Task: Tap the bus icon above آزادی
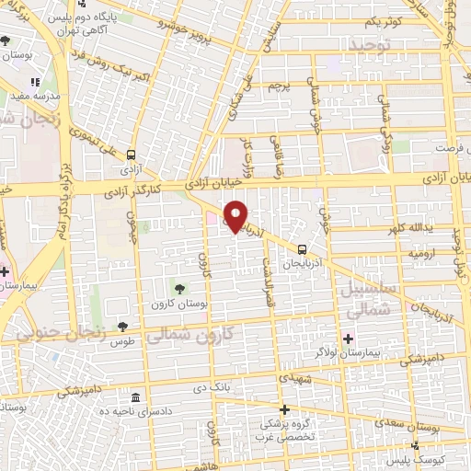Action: point(132,155)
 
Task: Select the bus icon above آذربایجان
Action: point(302,248)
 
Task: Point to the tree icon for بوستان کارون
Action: point(179,289)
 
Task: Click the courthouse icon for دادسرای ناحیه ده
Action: point(136,397)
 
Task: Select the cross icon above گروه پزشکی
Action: point(284,409)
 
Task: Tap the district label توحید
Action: point(369,43)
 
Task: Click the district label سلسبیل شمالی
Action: point(366,298)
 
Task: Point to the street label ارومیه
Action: point(406,251)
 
